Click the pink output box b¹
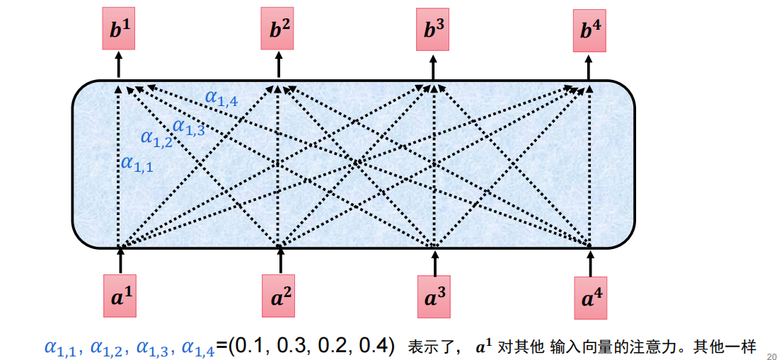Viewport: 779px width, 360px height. click(119, 30)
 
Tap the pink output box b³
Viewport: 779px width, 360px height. click(434, 30)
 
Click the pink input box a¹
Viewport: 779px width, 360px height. click(120, 296)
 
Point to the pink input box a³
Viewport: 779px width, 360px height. click(434, 297)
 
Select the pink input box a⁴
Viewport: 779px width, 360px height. click(591, 298)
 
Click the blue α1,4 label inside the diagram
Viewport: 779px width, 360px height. click(221, 97)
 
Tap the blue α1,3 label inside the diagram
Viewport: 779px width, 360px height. click(189, 127)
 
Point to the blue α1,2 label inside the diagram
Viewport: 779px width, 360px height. click(156, 138)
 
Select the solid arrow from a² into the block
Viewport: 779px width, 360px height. click(281, 261)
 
